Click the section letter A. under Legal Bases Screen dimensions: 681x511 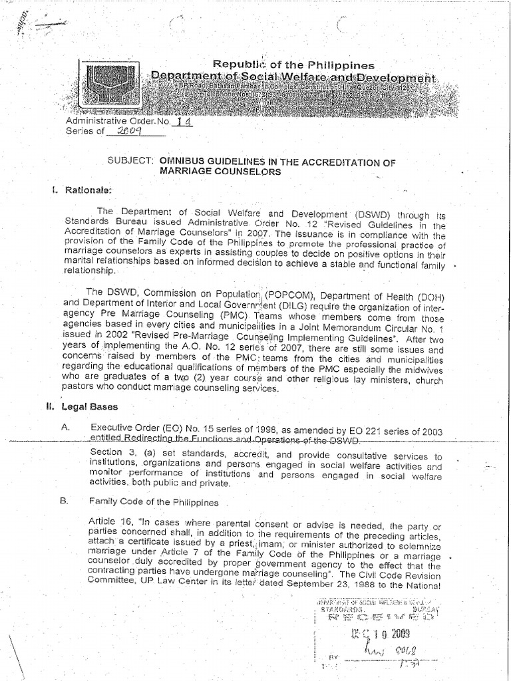click(65, 428)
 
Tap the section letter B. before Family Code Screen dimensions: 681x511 click(65, 501)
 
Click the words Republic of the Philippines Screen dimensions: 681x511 click(293, 65)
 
